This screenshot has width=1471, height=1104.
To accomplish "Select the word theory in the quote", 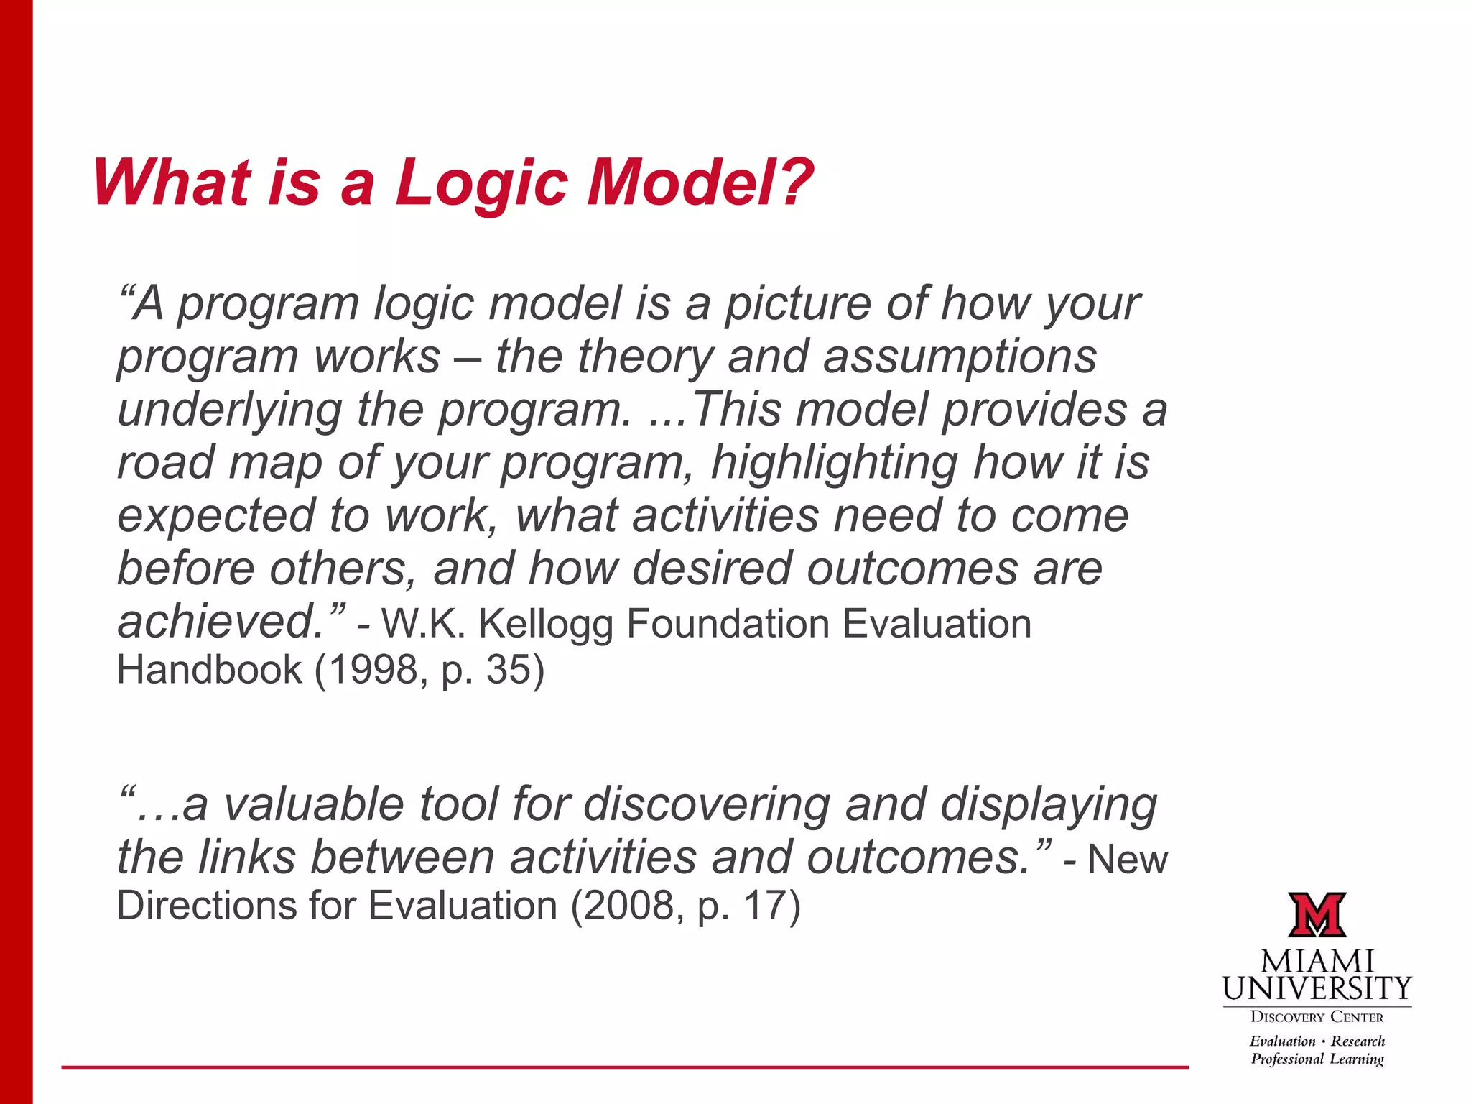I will point(646,357).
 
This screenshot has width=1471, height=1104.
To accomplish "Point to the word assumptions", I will point(960,357).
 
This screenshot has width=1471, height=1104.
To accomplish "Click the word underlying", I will point(229,410).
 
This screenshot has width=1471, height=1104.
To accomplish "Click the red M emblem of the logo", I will point(1317,915).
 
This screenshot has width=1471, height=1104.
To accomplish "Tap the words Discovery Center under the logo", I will point(1317,1017).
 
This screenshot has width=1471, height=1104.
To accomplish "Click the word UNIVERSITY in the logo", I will point(1317,989).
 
